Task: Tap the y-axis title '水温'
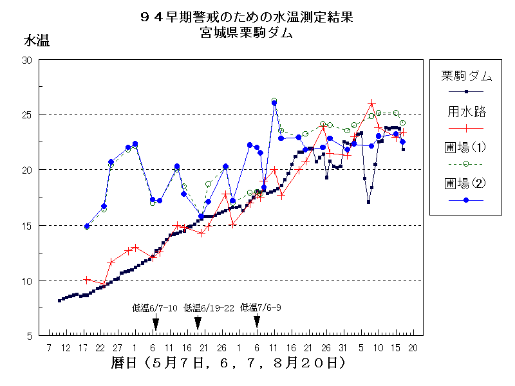tap(36, 41)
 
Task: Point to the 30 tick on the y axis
tap(27, 60)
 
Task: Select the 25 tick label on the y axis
tap(27, 115)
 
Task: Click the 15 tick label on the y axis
tap(27, 226)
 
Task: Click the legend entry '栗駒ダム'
tap(466, 77)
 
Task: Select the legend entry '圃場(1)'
tap(466, 147)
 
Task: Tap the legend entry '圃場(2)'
tap(466, 183)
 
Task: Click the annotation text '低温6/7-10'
tap(154, 308)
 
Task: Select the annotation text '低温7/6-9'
tap(260, 308)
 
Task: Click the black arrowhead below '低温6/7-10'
tap(155, 324)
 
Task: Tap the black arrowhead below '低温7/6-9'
tap(257, 321)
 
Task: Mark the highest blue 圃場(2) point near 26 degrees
tap(274, 102)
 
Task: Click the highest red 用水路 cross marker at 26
tap(372, 103)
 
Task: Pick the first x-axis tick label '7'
tap(50, 348)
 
